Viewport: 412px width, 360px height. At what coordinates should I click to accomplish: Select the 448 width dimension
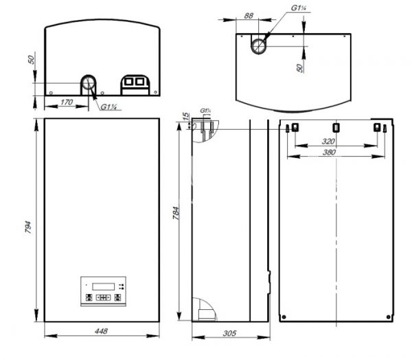[102, 332]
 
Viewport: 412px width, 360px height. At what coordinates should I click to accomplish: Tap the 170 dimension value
[67, 102]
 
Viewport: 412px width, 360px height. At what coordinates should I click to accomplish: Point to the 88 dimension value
[248, 14]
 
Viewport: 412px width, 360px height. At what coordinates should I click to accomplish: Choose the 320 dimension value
[334, 142]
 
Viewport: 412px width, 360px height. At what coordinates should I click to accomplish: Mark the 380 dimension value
[334, 153]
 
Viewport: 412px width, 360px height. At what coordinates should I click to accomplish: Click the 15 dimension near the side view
[185, 118]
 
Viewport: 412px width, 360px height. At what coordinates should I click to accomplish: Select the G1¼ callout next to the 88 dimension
[298, 8]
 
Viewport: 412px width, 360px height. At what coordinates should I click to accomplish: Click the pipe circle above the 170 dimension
[89, 84]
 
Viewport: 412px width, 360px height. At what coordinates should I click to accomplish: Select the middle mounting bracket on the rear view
[335, 128]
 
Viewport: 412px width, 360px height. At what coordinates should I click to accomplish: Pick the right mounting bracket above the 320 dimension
[376, 128]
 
